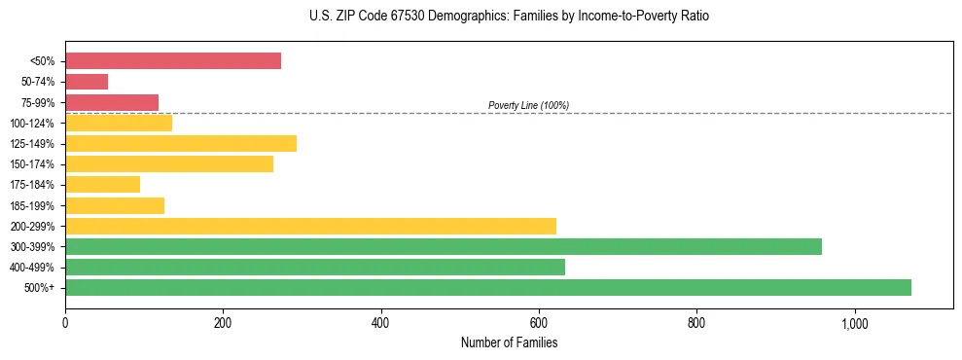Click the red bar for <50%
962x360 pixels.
tap(173, 61)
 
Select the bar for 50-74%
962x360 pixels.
tap(87, 82)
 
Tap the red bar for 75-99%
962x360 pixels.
tap(112, 102)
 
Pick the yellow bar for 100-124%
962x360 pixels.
tap(119, 123)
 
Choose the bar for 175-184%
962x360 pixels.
tap(102, 185)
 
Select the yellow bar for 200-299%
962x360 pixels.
tap(310, 226)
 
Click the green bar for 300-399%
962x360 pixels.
tap(444, 246)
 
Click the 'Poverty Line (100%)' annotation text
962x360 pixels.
tap(528, 105)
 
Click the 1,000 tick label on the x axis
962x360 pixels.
tap(854, 322)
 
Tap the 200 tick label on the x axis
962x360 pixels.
tap(223, 322)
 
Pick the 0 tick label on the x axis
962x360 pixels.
tap(65, 322)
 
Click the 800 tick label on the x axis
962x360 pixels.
tap(696, 322)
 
